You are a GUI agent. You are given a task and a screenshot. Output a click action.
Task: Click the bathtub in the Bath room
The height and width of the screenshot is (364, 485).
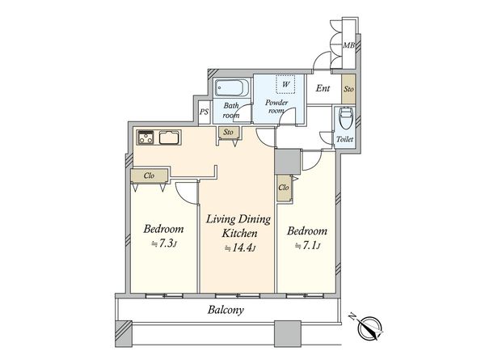pyautogui.click(x=232, y=88)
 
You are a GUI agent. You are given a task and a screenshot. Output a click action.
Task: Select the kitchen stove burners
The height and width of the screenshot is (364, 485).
pyautogui.click(x=146, y=138)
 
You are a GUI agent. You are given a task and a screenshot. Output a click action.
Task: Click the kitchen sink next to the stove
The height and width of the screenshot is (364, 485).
pyautogui.click(x=170, y=138)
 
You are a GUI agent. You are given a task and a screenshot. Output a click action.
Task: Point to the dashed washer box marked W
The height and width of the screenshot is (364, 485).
pyautogui.click(x=285, y=84)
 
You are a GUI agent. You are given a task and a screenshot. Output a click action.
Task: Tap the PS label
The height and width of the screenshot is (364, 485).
pyautogui.click(x=205, y=112)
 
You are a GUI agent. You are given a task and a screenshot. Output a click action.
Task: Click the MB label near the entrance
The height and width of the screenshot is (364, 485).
pyautogui.click(x=348, y=45)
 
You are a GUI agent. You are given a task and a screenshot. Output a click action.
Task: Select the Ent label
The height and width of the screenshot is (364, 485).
pyautogui.click(x=323, y=88)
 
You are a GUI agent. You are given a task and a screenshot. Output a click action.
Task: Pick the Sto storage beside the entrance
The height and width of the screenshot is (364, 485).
pyautogui.click(x=348, y=89)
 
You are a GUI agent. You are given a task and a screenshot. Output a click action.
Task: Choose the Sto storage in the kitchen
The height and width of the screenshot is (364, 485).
pyautogui.click(x=228, y=132)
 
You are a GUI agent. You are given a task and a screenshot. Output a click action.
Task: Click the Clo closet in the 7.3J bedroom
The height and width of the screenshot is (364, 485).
pyautogui.click(x=149, y=176)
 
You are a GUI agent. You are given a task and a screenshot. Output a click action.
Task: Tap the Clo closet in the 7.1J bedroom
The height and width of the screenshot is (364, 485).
pyautogui.click(x=284, y=188)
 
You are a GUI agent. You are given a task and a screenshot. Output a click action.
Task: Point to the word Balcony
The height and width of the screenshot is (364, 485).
pyautogui.click(x=226, y=310)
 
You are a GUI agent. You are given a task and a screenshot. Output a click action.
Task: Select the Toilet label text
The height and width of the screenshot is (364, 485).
pyautogui.click(x=345, y=139)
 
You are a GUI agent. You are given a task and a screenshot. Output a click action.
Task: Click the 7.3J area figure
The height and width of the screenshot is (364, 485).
pyautogui.click(x=164, y=243)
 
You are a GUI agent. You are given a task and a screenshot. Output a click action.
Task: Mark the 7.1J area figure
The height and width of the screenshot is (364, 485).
pyautogui.click(x=307, y=246)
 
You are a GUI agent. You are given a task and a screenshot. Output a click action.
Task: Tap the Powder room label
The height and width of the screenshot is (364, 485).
pyautogui.click(x=276, y=107)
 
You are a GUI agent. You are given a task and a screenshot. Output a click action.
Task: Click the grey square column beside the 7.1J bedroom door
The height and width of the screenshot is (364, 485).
pyautogui.click(x=288, y=162)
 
